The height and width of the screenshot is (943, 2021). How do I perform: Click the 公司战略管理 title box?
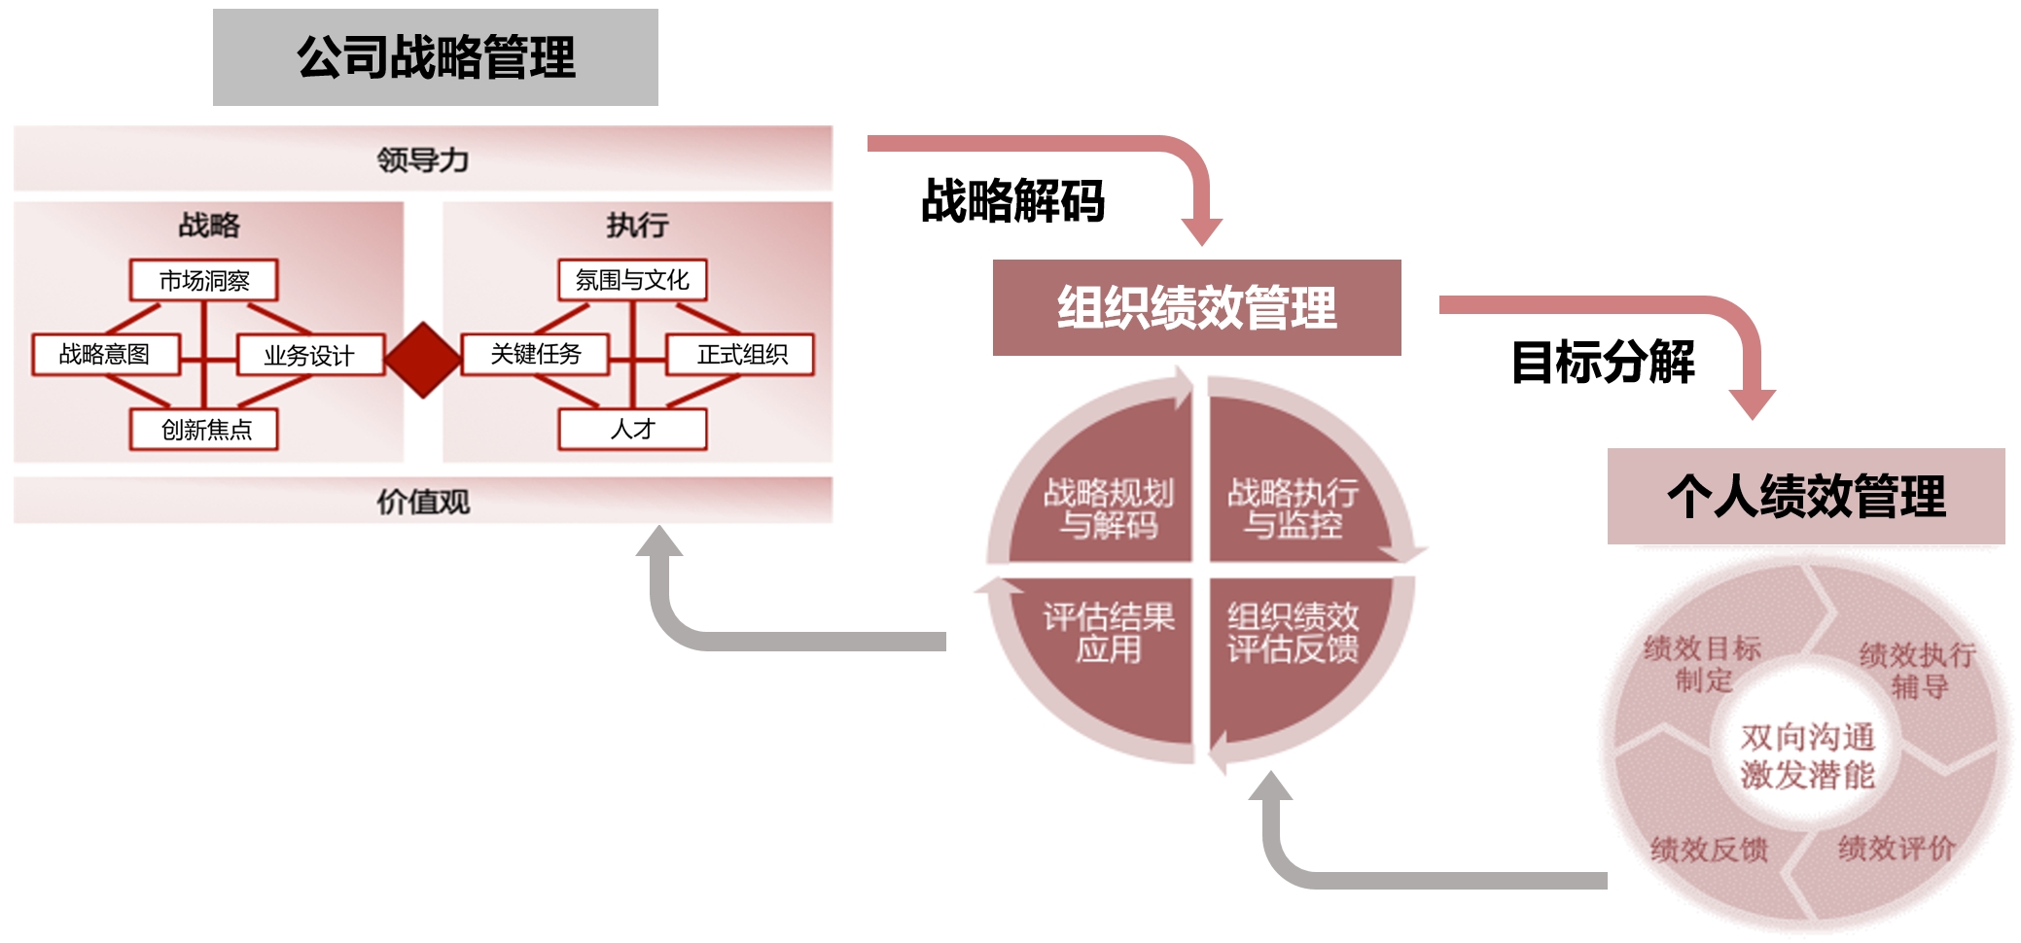435,57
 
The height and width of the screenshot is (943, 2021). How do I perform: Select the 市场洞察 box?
203,280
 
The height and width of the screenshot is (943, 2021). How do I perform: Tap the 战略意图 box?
105,354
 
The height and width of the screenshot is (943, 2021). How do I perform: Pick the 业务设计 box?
309,355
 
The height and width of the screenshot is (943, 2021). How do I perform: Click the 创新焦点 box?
204,429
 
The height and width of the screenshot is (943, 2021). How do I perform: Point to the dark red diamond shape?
423,360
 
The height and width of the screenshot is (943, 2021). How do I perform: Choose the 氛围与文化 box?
632,280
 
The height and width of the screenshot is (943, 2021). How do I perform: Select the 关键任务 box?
535,354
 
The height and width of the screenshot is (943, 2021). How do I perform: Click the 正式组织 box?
740,354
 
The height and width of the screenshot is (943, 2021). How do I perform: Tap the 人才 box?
632,429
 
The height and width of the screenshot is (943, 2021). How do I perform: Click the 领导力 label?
423,159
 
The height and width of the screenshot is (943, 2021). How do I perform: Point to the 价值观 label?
423,502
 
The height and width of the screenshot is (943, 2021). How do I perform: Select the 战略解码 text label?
1012,201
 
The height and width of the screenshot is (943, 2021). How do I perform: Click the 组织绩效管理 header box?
1196,307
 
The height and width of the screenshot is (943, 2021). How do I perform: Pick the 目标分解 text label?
1603,362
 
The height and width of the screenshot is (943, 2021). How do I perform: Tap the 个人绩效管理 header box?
1806,496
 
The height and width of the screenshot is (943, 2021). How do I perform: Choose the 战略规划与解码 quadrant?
1109,507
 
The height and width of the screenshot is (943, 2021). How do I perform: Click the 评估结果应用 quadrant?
1109,632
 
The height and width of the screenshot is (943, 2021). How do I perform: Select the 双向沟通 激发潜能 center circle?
1807,755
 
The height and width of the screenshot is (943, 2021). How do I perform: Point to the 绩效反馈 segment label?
1709,850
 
